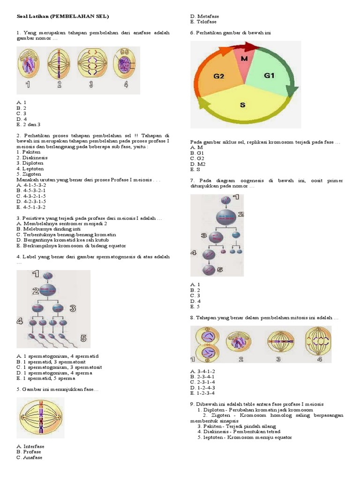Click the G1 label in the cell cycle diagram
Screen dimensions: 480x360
269,75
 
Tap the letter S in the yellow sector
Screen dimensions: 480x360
242,105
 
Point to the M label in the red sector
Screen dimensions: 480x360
244,59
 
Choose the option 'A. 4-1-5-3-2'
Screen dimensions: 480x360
31,185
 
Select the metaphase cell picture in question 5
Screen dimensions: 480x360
41,415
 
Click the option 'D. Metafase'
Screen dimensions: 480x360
204,16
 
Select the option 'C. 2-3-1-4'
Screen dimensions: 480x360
202,382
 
